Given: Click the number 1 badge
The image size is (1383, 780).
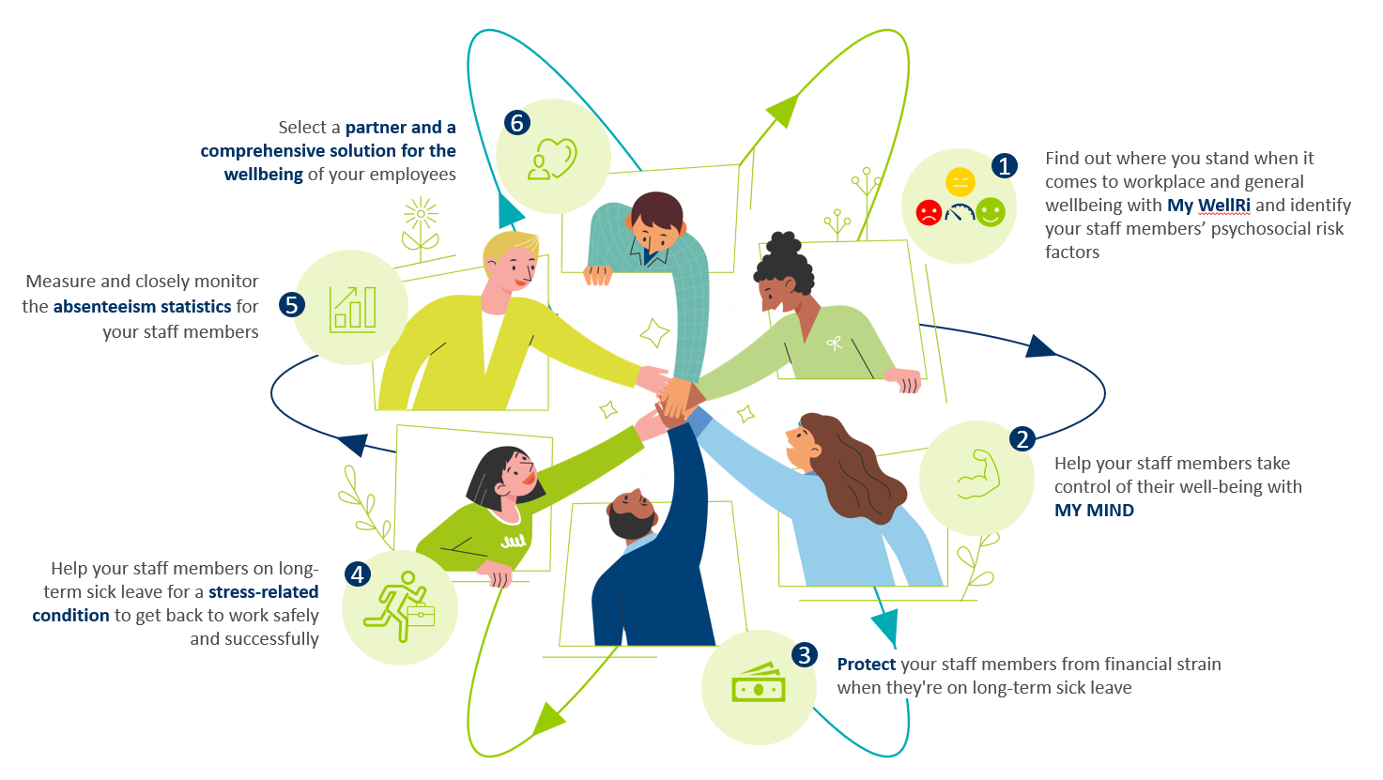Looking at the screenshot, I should [1005, 166].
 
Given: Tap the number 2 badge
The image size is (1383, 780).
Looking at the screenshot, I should [1022, 438].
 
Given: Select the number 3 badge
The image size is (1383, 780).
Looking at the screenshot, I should [804, 654].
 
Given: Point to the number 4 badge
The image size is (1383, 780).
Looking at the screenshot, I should [358, 574].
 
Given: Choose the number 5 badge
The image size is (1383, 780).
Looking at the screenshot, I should [292, 304].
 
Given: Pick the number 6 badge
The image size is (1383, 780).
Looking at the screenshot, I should [516, 122].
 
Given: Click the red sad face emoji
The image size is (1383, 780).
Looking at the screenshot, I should [929, 212].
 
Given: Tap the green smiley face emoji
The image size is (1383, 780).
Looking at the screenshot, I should [990, 212].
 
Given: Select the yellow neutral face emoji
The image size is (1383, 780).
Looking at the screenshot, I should [960, 181].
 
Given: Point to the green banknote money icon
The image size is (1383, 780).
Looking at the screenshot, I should [758, 684].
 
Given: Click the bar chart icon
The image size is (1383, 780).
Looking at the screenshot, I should [352, 309].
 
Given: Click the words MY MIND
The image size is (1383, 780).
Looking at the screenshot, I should [1094, 511].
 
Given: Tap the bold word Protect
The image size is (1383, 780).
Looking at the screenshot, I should [866, 665].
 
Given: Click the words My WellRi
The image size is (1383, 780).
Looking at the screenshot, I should [1208, 206].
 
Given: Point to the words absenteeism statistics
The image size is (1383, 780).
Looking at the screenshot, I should [142, 307].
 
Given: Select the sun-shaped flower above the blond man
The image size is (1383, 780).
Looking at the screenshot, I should [421, 215].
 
